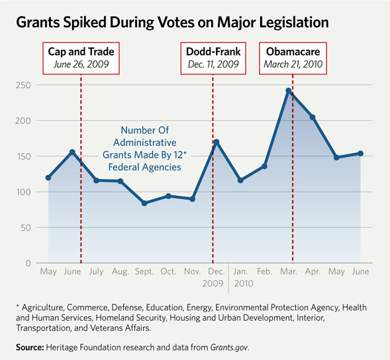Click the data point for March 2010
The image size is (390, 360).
(289, 91)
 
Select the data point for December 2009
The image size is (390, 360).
(217, 142)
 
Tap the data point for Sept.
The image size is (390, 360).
(144, 203)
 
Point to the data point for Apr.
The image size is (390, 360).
(313, 117)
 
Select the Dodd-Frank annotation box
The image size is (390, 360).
(213, 58)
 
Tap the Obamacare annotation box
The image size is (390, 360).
(293, 58)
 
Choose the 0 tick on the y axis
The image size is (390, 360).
(27, 263)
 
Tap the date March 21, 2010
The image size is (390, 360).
(293, 65)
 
